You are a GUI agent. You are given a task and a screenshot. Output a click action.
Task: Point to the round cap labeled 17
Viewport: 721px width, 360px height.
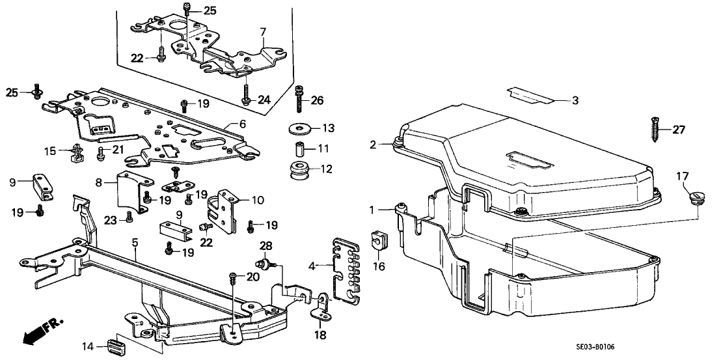coord(696,195)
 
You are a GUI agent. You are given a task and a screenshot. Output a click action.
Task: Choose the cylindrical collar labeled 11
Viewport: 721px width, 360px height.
coord(301,149)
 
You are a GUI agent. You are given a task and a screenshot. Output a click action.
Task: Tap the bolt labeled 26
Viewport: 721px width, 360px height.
coord(299,98)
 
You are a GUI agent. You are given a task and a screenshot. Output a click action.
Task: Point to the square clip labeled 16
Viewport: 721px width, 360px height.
coord(378,239)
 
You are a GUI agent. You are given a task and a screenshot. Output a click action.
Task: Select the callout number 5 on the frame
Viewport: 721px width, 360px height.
coord(135,243)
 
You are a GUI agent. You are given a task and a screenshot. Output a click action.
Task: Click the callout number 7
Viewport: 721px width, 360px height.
coord(263,32)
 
